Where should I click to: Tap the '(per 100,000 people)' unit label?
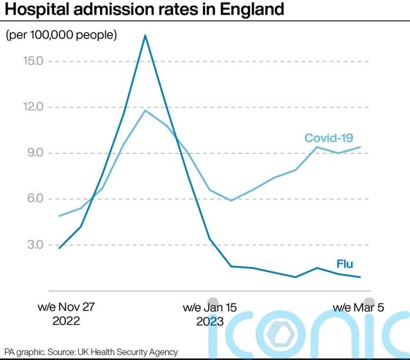(61, 35)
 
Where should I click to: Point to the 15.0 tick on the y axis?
(31, 61)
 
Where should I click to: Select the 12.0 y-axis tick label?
(31, 107)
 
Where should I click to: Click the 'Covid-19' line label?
(329, 138)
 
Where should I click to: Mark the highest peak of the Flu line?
(145, 35)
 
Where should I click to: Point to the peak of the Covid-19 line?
(145, 110)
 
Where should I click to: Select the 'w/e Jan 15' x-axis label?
(209, 307)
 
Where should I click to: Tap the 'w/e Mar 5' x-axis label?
(359, 307)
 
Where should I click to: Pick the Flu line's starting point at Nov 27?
(59, 248)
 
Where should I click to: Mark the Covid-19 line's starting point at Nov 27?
(59, 216)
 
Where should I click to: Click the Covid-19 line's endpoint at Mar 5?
(361, 147)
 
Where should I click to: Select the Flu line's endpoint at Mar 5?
(361, 277)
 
